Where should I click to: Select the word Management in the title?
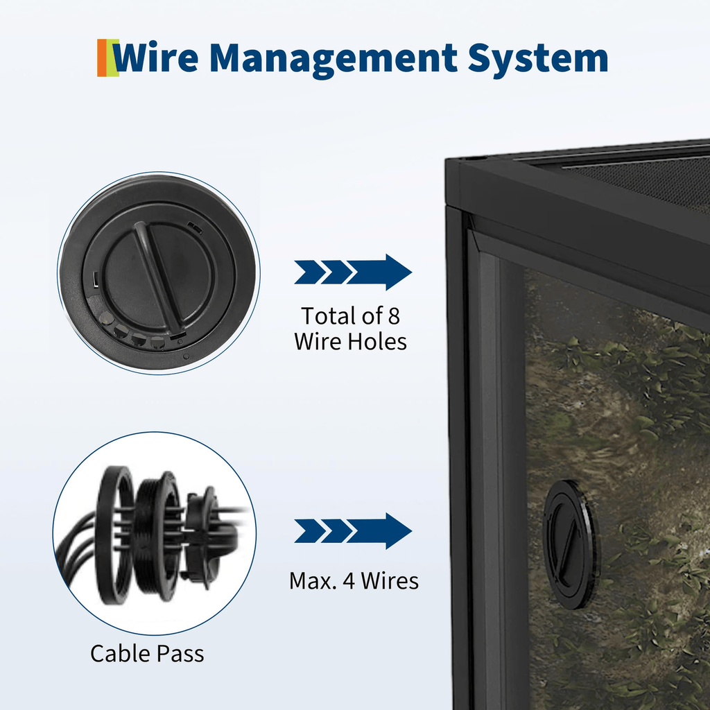(334, 59)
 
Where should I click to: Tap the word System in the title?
(538, 59)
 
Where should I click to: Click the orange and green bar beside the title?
(107, 58)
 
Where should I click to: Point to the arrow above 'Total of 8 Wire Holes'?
(353, 272)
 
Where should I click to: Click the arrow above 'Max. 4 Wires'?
(353, 530)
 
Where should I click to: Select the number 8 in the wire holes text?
(394, 316)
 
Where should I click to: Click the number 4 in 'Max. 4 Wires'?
(349, 581)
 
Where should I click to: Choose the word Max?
(313, 581)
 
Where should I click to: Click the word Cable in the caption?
(119, 653)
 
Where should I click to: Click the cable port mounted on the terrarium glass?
(571, 544)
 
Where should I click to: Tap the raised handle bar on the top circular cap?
(156, 276)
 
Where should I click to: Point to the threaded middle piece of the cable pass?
(157, 537)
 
